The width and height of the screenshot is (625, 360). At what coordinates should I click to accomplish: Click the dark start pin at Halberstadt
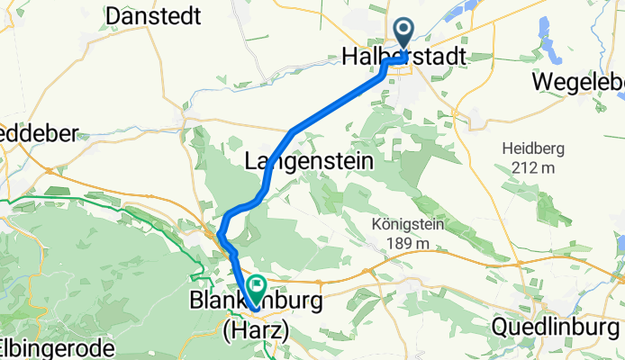402,34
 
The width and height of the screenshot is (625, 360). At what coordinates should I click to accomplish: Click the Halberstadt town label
404,57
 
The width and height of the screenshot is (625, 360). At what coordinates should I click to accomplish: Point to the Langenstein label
295,161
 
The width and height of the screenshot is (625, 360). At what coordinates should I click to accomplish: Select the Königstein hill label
408,224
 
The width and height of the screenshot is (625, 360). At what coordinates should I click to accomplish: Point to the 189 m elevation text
408,242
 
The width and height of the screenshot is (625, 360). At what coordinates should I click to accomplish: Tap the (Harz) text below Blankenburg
256,330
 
